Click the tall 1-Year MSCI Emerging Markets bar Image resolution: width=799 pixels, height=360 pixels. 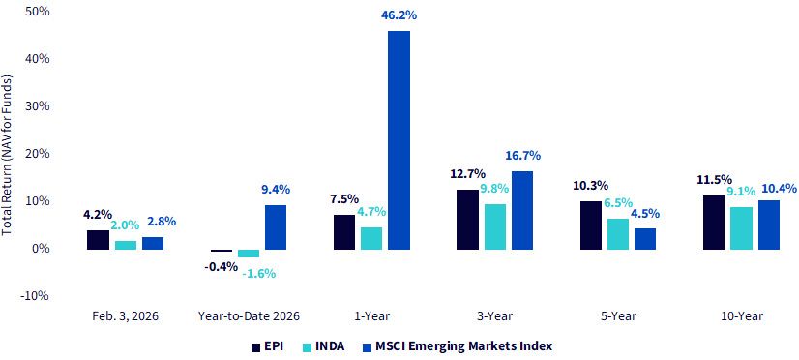[x=399, y=140]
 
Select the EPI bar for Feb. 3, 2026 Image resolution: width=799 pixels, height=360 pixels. [x=98, y=240]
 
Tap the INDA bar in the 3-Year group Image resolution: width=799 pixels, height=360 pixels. [x=495, y=226]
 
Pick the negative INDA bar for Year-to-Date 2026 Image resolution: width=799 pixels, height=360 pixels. [x=249, y=254]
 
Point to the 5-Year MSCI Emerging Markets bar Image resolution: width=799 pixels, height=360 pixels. [x=644, y=239]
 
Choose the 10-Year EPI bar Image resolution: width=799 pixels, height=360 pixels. [x=714, y=223]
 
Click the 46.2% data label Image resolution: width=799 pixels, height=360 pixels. [x=399, y=15]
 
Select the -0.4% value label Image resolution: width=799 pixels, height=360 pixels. [x=221, y=266]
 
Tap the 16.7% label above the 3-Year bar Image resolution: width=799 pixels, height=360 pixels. [x=522, y=156]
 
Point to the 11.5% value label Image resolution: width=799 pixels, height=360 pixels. [x=715, y=180]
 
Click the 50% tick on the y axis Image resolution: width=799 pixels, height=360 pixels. [x=37, y=12]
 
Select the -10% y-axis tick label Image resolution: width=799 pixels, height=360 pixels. [x=35, y=296]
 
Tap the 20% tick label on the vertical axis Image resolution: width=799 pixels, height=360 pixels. [x=37, y=154]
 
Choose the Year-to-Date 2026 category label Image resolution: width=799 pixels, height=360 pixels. [x=249, y=316]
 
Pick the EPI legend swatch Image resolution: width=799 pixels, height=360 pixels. [x=255, y=347]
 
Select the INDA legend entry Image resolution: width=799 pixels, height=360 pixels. [x=323, y=346]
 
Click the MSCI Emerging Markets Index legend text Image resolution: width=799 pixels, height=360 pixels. [x=457, y=346]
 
